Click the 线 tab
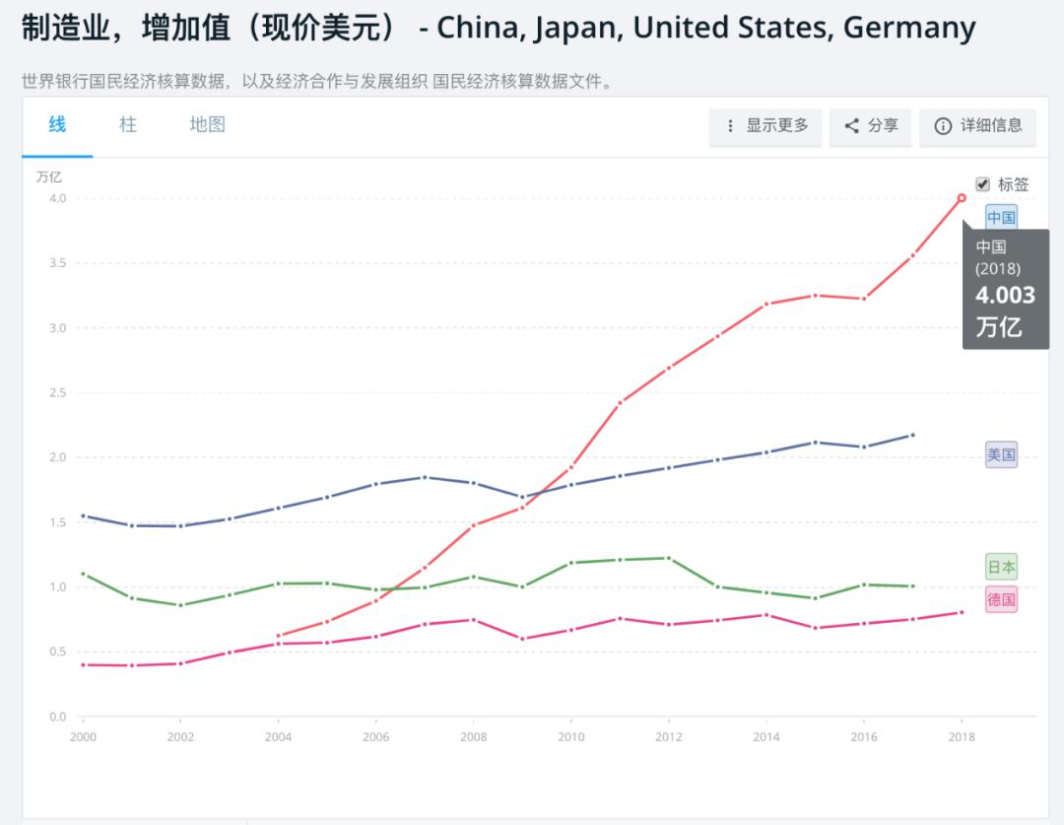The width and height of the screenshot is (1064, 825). click(57, 124)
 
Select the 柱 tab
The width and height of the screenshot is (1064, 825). click(128, 124)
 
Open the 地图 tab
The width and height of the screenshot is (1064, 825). click(207, 124)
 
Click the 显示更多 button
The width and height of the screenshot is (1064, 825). click(766, 126)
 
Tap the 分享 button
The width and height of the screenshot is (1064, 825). click(871, 126)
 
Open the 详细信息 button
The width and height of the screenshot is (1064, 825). click(977, 126)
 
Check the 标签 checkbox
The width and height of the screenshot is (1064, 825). click(982, 184)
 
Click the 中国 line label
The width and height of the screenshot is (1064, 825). click(1001, 217)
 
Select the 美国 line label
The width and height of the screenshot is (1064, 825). click(1001, 454)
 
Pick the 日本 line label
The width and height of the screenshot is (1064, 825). click(1001, 567)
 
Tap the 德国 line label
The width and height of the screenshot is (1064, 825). click(1001, 599)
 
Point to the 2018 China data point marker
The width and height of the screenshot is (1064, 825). click(962, 198)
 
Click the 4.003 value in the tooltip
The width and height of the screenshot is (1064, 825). click(1005, 296)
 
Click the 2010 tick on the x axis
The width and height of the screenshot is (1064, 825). click(570, 736)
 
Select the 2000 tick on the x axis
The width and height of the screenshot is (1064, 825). click(83, 736)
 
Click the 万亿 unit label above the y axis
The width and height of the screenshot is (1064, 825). click(49, 177)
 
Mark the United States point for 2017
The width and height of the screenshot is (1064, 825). click(912, 435)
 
